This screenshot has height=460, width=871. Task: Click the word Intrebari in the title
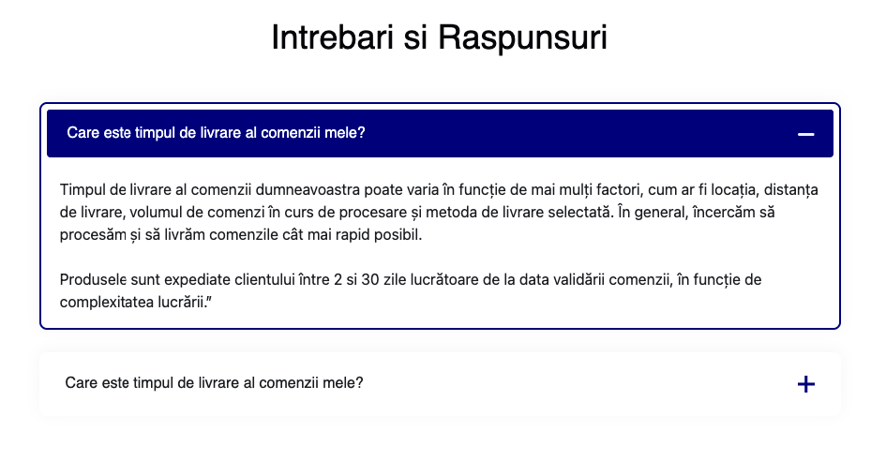point(332,37)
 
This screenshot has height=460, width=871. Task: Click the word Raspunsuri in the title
point(522,37)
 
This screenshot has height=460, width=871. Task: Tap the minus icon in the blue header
point(806,134)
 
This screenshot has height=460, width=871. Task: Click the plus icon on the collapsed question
point(806,384)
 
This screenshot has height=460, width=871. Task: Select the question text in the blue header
point(216,133)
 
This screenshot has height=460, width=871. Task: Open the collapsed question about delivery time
point(214,383)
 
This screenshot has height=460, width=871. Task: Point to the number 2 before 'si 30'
point(338,280)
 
